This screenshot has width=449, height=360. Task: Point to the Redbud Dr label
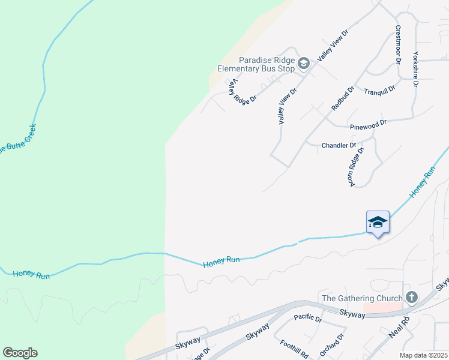pyautogui.click(x=343, y=98)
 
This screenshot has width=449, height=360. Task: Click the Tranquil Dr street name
pyautogui.click(x=379, y=90)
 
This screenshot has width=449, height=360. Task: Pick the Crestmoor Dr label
pyautogui.click(x=397, y=44)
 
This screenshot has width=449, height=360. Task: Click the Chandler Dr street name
pyautogui.click(x=339, y=145)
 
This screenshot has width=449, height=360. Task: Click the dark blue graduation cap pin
pyautogui.click(x=378, y=223)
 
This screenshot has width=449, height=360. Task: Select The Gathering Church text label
pyautogui.click(x=363, y=298)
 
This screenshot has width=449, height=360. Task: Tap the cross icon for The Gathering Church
pyautogui.click(x=412, y=297)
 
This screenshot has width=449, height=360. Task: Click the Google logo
pyautogui.click(x=20, y=353)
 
